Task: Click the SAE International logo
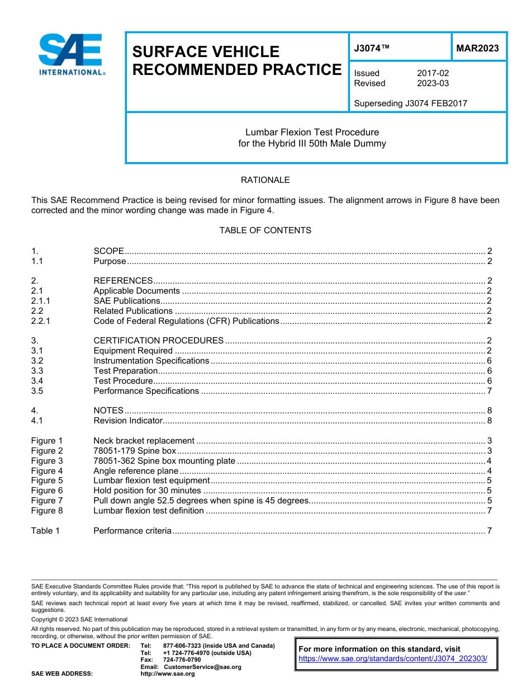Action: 71,54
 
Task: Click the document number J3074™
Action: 372,49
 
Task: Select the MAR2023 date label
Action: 477,49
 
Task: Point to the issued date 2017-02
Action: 433,73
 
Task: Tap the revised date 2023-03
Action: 433,83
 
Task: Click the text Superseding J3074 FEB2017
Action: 410,103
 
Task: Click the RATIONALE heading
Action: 265,180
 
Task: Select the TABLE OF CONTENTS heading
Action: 265,230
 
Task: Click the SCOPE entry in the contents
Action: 108,251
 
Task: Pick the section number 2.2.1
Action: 41,321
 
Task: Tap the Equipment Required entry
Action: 133,351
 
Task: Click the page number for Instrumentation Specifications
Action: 489,361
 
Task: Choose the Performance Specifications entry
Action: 146,391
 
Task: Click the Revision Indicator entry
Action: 128,421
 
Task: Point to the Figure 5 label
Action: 47,480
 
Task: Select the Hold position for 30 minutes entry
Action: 147,491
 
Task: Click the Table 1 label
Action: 45,531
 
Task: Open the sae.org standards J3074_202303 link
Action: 393,659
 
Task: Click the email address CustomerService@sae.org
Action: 202,667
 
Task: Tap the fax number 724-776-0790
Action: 182,660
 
